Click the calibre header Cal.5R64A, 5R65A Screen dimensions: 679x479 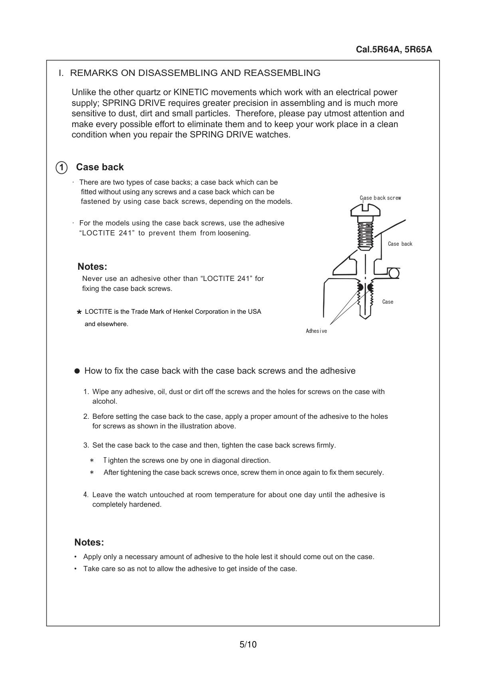pos(394,50)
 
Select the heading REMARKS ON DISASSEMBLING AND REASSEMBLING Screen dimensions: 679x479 pos(195,73)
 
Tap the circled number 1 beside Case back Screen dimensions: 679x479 pos(61,167)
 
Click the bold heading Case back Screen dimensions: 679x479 pos(100,167)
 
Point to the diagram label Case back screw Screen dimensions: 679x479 pos(380,198)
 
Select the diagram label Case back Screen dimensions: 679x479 pos(400,244)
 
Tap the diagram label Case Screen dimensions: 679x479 pos(388,302)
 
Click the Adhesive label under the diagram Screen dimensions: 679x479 pos(316,331)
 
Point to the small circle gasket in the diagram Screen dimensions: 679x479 pos(394,273)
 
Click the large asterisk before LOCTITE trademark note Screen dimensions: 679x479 pos(79,313)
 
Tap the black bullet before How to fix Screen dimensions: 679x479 pos(77,371)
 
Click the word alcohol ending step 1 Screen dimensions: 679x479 pos(105,401)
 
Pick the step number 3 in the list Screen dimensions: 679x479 pos(86,445)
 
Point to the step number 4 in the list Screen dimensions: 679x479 pos(86,495)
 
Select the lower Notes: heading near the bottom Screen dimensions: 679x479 pos(89,542)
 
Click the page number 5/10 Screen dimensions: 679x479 pos(248,644)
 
